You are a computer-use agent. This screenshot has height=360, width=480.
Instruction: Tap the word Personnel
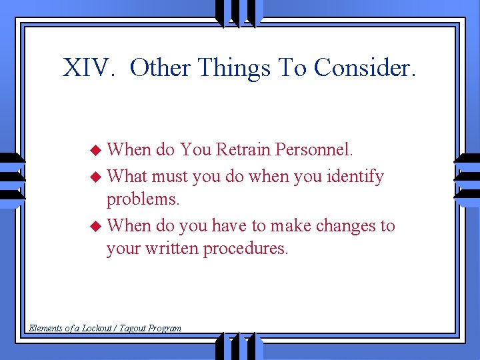coord(316,149)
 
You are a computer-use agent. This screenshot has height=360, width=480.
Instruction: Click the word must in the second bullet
coord(169,177)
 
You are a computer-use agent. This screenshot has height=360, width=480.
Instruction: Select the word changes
coord(345,226)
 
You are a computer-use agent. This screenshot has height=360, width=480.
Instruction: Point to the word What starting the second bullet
coord(127,177)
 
